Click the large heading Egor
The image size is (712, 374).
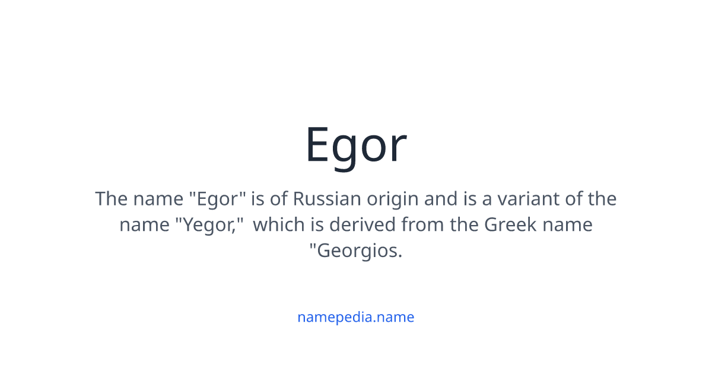pyautogui.click(x=355, y=145)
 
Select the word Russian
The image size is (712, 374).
pyautogui.click(x=327, y=199)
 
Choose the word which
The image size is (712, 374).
pyautogui.click(x=278, y=225)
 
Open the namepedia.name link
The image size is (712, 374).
pyautogui.click(x=355, y=317)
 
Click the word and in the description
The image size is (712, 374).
pyautogui.click(x=440, y=199)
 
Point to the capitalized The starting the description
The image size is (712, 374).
pyautogui.click(x=111, y=199)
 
